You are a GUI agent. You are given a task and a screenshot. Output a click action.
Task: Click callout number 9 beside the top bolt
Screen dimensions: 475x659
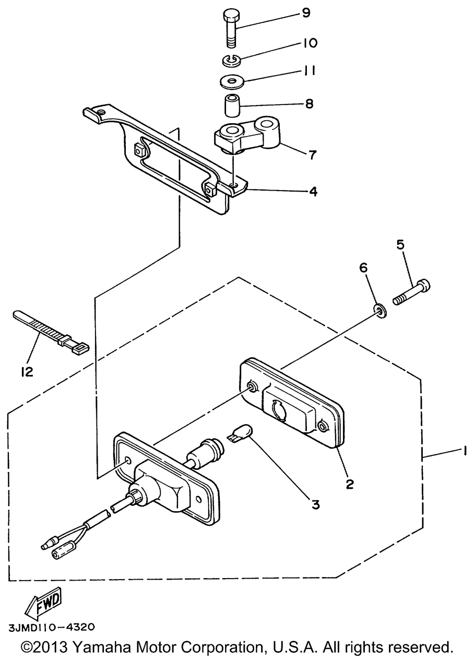[306, 13]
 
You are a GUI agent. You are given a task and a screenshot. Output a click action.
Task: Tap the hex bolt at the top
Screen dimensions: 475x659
[232, 28]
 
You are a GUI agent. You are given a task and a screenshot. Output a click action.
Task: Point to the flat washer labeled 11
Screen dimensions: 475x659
[232, 81]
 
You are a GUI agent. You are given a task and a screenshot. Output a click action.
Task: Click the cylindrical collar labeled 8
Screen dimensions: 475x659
[232, 106]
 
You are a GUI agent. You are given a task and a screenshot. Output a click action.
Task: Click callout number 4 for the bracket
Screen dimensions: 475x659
[313, 192]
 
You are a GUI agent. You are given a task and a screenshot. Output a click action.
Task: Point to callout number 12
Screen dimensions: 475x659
[27, 372]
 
